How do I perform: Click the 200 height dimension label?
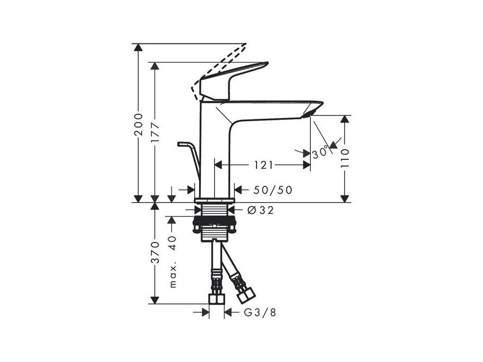point(138,124)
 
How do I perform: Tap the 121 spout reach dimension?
point(264,165)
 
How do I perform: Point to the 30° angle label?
point(320,152)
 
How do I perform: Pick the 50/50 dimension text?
point(273,190)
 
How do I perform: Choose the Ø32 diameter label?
point(260,210)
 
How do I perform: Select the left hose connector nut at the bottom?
point(217,299)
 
